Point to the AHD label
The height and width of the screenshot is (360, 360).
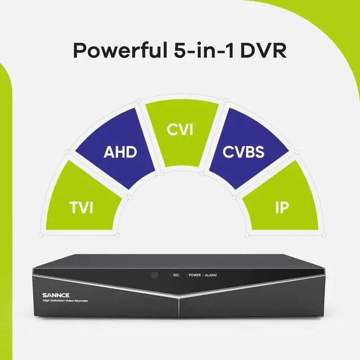tap(120, 152)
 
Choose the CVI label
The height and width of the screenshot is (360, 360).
tap(180, 130)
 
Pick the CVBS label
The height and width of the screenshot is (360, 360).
tap(244, 152)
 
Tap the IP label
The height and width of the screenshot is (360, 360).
tap(281, 209)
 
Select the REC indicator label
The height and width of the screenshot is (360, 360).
tap(176, 275)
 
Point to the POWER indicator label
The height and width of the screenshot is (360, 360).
tap(195, 275)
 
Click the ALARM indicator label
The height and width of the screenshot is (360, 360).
tap(211, 275)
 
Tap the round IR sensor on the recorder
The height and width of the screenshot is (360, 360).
tap(153, 275)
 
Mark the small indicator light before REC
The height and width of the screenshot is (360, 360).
tap(170, 275)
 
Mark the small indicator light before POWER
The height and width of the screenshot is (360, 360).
tap(186, 275)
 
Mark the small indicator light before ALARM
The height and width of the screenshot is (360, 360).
tap(204, 275)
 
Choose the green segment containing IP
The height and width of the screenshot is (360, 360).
tap(278, 202)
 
